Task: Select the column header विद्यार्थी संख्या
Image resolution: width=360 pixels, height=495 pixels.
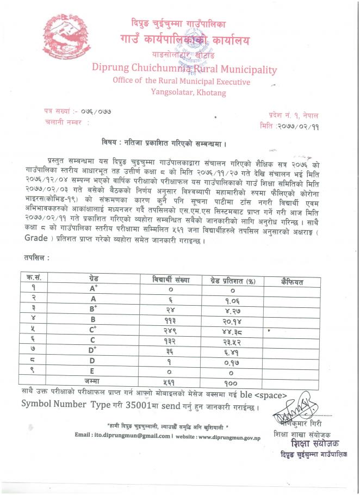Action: (171, 281)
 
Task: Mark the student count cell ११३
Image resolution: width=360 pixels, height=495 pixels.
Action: (170, 320)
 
